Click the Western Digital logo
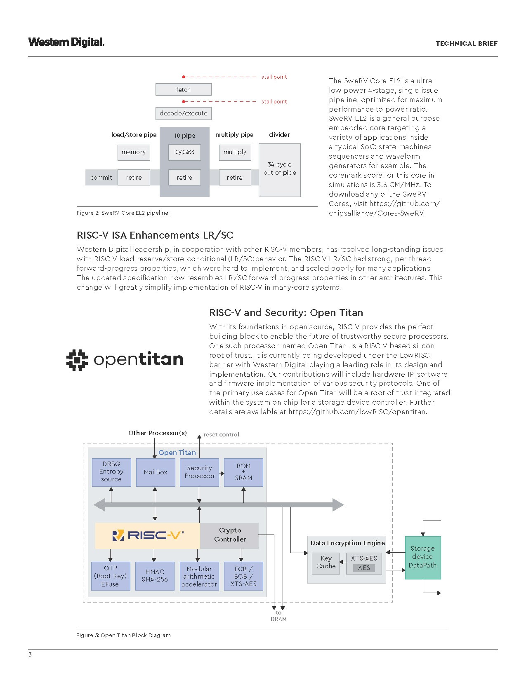coord(66,42)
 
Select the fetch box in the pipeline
coord(183,89)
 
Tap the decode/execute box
coord(183,113)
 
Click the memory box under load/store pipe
coord(134,152)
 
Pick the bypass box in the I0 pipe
coord(184,152)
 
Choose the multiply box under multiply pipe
coord(235,152)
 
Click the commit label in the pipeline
coord(101,178)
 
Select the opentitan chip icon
coord(77,360)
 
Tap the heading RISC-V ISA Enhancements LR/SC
coord(155,235)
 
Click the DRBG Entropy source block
coord(111,472)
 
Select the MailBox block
coord(156,472)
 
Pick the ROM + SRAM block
coord(243,472)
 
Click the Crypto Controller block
coord(230,535)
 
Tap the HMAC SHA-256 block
coord(155,576)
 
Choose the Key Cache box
coord(326,563)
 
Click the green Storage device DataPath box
coord(422,557)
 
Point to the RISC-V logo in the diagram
coord(147,535)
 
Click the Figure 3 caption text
coord(123,635)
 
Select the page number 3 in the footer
coord(30,655)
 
